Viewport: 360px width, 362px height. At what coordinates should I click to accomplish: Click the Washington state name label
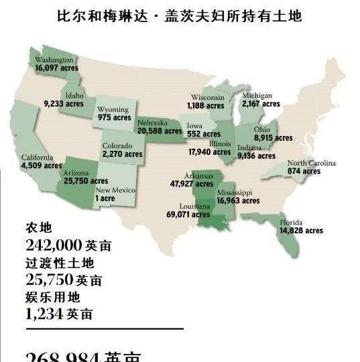[54, 60]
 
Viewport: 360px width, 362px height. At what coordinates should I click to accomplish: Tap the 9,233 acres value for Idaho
[64, 104]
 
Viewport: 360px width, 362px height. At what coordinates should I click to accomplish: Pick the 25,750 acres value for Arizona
[85, 181]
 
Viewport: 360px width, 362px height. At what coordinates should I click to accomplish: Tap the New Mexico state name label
[115, 190]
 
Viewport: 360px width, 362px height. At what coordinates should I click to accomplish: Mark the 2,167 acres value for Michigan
[261, 105]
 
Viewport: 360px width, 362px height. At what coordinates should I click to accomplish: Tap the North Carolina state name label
[312, 164]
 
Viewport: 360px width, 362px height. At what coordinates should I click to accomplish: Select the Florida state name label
[291, 223]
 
